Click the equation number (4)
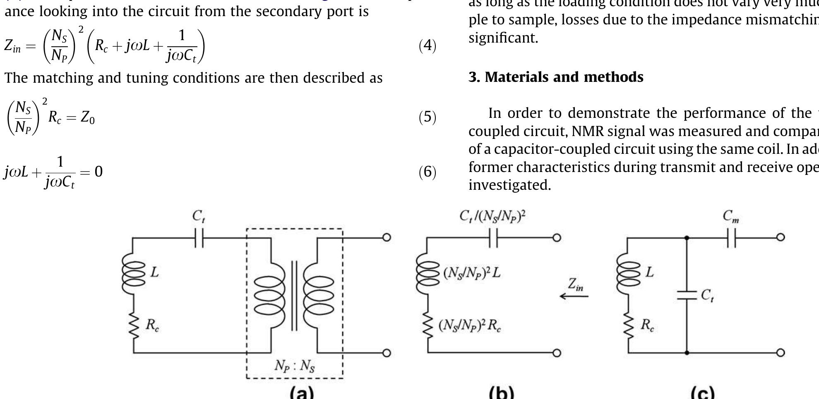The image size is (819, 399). coord(428,45)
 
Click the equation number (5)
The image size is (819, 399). coord(428,118)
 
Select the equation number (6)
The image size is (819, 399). coord(428,172)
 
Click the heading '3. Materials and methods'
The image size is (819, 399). coord(556,77)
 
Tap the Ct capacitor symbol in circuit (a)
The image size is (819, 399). coord(199,238)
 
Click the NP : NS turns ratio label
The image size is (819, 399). coord(295,366)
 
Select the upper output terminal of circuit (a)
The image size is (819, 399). coord(386,237)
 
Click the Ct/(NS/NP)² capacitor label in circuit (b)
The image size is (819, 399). coord(492,216)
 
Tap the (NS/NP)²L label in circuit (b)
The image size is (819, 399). coord(472,273)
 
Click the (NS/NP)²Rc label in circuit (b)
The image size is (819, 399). coord(470,326)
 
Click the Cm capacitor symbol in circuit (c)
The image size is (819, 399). coord(731,238)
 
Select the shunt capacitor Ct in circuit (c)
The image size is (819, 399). coord(687,295)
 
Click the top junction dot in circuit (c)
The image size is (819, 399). coord(687,238)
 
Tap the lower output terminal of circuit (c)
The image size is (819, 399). coord(780,353)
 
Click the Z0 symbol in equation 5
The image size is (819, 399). coord(87,118)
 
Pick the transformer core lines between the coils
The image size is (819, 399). coord(294,296)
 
